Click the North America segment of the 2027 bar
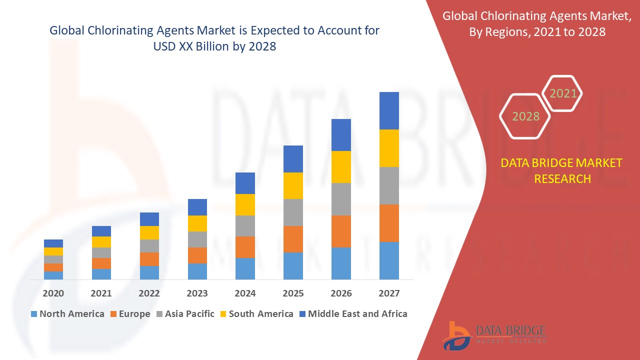pyautogui.click(x=389, y=260)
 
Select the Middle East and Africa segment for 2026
pyautogui.click(x=341, y=135)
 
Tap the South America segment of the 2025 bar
pyautogui.click(x=293, y=185)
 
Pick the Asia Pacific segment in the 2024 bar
pyautogui.click(x=245, y=226)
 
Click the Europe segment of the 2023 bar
pyautogui.click(x=197, y=255)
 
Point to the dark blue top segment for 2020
pyautogui.click(x=53, y=243)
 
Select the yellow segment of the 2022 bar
pyautogui.click(x=149, y=232)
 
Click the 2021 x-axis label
pyautogui.click(x=101, y=293)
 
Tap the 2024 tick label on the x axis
pyautogui.click(x=245, y=293)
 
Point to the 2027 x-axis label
pyautogui.click(x=389, y=293)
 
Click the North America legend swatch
pyautogui.click(x=34, y=314)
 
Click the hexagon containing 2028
pyautogui.click(x=525, y=116)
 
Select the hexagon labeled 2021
pyautogui.click(x=563, y=93)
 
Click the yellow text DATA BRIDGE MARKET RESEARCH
pyautogui.click(x=562, y=170)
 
